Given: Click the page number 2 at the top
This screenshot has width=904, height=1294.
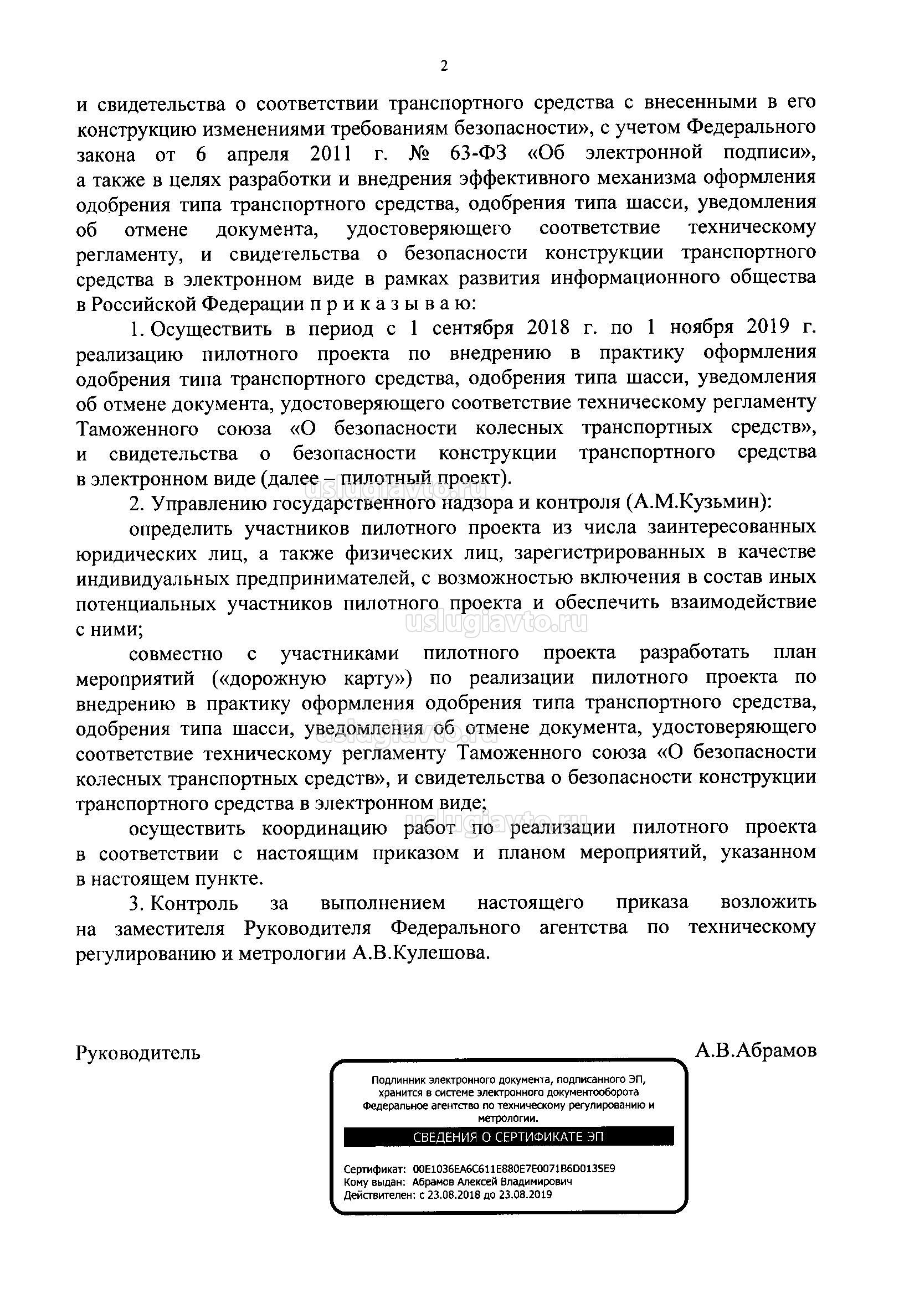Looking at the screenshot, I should [444, 67].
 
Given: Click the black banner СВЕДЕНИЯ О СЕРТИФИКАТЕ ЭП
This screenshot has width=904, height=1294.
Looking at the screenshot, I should [508, 1136].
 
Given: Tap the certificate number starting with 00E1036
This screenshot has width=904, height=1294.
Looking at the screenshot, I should [513, 1169].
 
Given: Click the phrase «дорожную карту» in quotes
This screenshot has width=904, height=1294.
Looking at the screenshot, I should [312, 678].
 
